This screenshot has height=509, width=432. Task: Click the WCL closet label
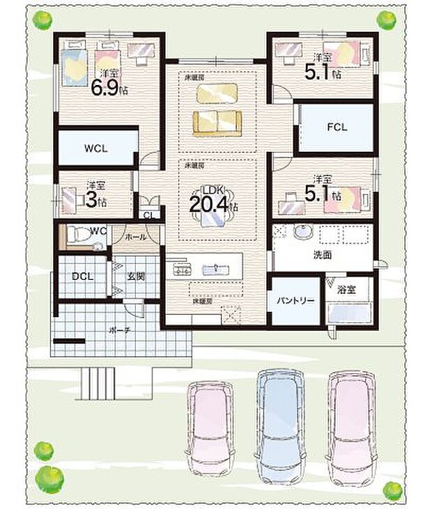[96, 148]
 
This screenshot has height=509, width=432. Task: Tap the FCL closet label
[337, 127]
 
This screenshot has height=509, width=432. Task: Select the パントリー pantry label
[297, 301]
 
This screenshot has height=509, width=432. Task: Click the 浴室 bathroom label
[347, 289]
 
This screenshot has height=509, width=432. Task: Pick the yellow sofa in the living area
[217, 122]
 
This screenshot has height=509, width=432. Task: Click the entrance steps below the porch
[98, 382]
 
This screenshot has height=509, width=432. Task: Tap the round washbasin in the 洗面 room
[303, 233]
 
